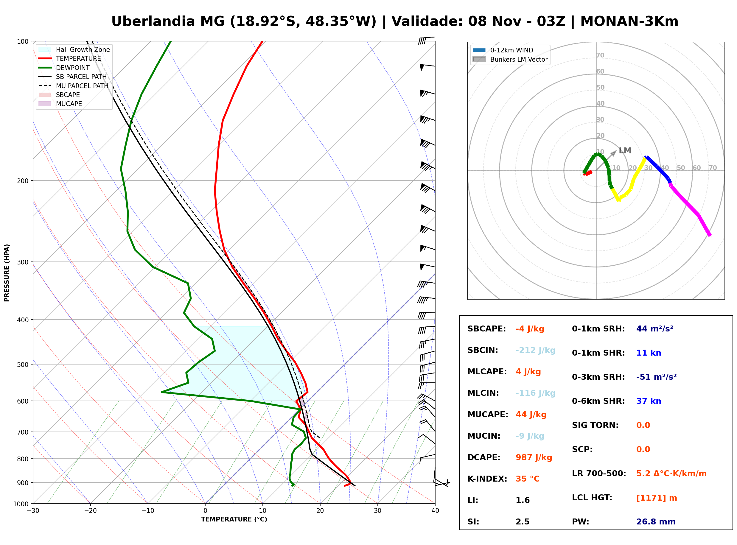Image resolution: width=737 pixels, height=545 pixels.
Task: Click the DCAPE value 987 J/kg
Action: click(x=534, y=457)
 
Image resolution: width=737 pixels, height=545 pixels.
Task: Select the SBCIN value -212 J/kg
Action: click(x=535, y=350)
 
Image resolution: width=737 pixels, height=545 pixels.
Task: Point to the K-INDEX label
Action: click(x=487, y=479)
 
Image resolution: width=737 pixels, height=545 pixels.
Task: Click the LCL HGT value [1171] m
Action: click(x=657, y=498)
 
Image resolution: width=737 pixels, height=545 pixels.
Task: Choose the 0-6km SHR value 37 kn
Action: click(x=649, y=401)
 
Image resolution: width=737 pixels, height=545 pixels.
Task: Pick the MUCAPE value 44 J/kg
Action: click(x=531, y=414)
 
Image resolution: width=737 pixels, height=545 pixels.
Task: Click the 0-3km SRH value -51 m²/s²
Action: click(x=656, y=377)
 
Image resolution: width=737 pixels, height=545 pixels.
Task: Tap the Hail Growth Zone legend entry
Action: click(x=74, y=49)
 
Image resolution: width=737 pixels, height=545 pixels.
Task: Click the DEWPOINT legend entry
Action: click(x=64, y=68)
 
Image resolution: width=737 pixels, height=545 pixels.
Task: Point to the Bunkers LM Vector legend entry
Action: click(x=510, y=59)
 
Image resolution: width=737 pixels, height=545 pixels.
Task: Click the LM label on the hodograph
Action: click(x=625, y=151)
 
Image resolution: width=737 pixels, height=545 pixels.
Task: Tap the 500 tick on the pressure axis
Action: click(x=23, y=365)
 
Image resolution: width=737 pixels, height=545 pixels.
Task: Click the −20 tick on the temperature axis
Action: click(x=90, y=511)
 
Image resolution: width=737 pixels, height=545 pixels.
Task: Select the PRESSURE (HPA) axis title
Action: click(x=7, y=272)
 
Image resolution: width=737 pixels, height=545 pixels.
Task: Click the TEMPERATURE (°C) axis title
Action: click(x=234, y=519)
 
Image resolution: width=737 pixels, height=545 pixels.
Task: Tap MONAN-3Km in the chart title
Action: click(x=629, y=21)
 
